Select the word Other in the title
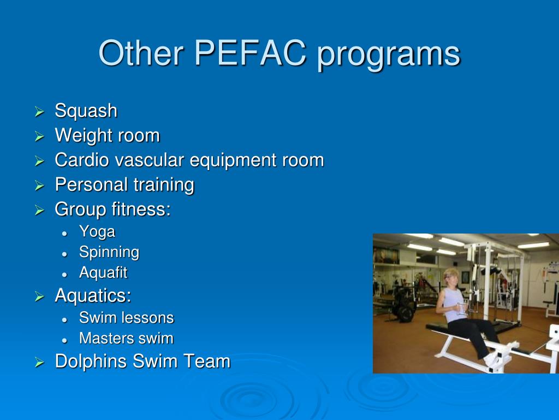(141, 54)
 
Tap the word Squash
(86, 111)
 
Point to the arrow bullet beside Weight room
(39, 137)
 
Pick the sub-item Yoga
(97, 232)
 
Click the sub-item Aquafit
(103, 272)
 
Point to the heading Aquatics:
(93, 296)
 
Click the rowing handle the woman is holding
(462, 309)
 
